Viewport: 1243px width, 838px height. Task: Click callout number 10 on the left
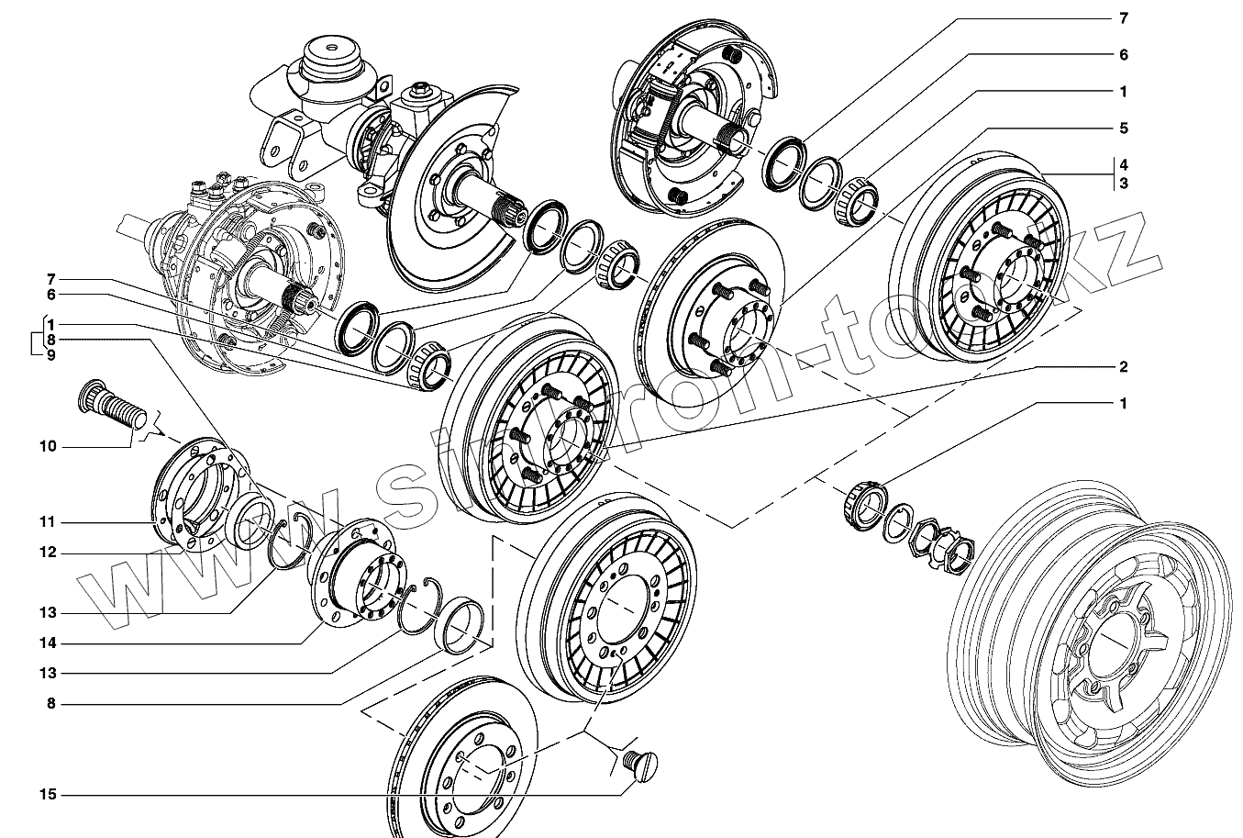click(x=48, y=446)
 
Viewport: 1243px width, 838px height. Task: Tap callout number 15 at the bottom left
click(x=48, y=794)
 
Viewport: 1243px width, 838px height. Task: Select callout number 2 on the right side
click(x=1123, y=366)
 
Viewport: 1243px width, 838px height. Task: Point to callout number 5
click(x=1123, y=128)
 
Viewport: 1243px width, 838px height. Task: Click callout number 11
click(x=48, y=522)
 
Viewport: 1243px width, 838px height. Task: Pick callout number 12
click(x=48, y=553)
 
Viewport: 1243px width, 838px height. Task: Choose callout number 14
click(x=48, y=643)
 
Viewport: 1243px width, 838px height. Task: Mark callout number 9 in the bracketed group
click(x=51, y=355)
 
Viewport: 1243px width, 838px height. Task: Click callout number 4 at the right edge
click(x=1123, y=165)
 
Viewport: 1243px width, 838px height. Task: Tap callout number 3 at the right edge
click(x=1123, y=184)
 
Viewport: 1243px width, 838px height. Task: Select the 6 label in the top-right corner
click(x=1123, y=55)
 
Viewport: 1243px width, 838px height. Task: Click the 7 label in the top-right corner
click(x=1123, y=18)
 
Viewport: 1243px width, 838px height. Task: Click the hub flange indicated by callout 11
click(x=197, y=496)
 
